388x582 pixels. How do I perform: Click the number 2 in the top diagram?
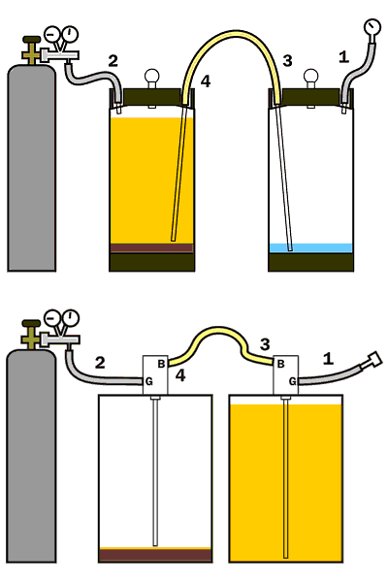tap(113, 61)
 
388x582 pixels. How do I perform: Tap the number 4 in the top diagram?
tap(206, 81)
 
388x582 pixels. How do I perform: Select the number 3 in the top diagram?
tap(287, 60)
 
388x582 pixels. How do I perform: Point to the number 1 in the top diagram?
tap(343, 57)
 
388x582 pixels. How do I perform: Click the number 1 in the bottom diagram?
tap(328, 359)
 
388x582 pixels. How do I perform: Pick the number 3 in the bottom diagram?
tap(265, 344)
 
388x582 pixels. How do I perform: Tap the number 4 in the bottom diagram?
tap(180, 375)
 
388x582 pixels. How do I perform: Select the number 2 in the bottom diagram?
tap(100, 363)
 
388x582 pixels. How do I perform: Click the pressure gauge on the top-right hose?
tap(372, 28)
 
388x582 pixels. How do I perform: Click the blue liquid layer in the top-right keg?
tap(310, 248)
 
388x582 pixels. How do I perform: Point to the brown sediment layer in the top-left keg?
tap(152, 248)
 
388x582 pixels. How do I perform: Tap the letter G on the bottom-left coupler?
tap(148, 381)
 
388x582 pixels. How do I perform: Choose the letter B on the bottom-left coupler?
tap(161, 364)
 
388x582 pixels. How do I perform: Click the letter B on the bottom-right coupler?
tap(280, 364)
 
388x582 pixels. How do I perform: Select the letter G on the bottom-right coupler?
tap(293, 381)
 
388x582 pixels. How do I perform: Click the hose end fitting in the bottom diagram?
tap(373, 360)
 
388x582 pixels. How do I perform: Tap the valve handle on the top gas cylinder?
tap(32, 39)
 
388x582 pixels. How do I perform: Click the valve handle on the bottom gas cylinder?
tap(32, 323)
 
